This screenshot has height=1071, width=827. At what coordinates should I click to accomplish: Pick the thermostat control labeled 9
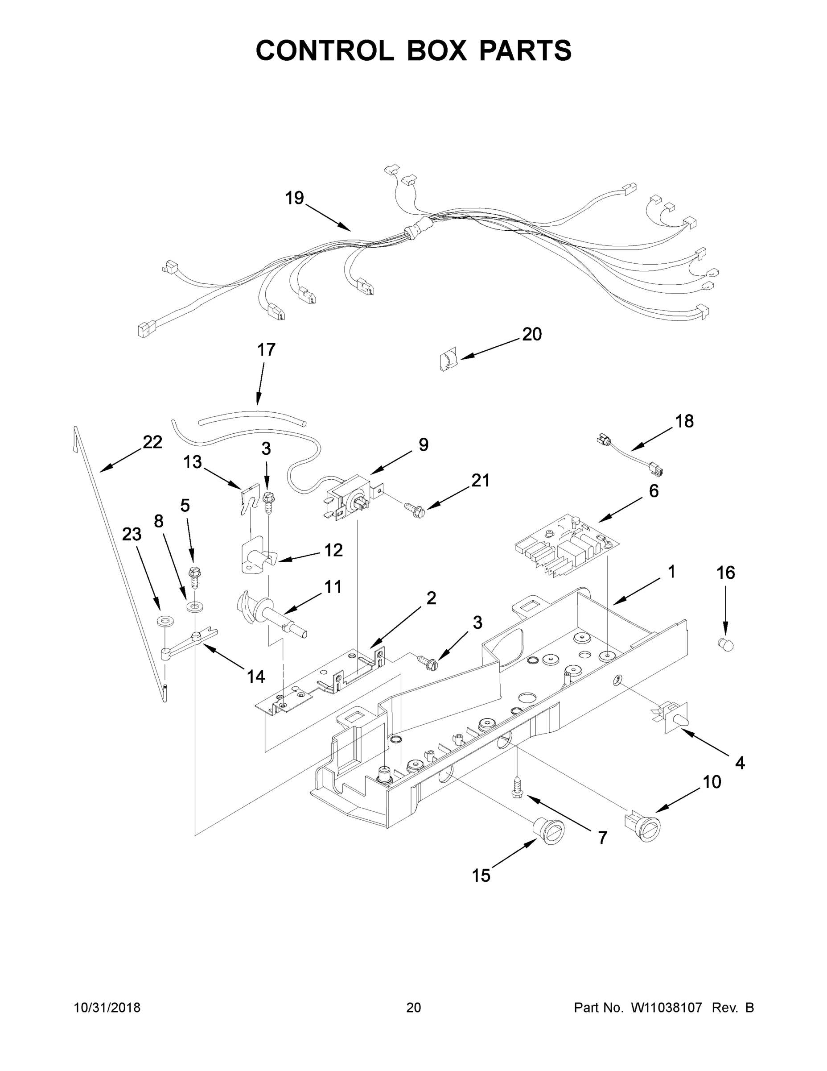tap(351, 498)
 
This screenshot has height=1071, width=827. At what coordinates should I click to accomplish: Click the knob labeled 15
tap(549, 830)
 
